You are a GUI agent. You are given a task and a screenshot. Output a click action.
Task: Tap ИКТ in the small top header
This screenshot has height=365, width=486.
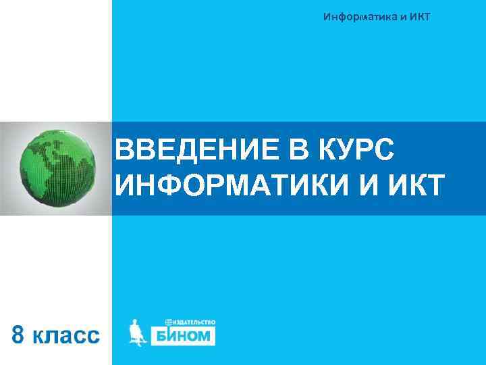click(x=416, y=16)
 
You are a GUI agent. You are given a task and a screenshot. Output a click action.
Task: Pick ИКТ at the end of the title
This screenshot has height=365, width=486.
click(x=415, y=185)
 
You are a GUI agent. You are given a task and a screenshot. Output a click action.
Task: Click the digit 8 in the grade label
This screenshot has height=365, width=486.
click(x=21, y=335)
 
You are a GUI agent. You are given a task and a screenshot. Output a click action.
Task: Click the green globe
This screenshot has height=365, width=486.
click(x=56, y=168)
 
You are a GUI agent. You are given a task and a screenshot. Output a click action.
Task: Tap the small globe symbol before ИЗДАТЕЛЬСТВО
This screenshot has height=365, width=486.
click(x=169, y=323)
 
